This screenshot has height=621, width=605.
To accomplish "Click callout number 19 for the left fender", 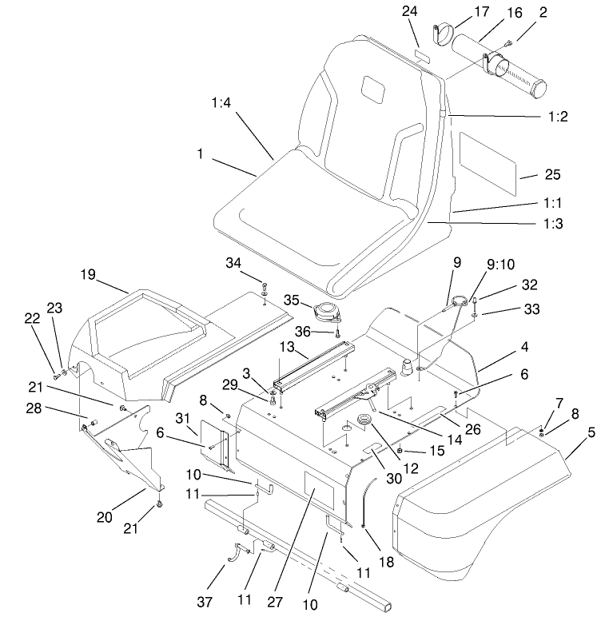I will pos(88,274).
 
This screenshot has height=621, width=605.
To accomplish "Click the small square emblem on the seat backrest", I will pos(372,86).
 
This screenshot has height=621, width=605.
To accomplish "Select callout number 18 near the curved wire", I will pos(386,562).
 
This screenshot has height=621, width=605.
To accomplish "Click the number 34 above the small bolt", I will pos(232,262).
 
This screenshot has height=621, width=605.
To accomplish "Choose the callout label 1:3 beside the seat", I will pos(552,225).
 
